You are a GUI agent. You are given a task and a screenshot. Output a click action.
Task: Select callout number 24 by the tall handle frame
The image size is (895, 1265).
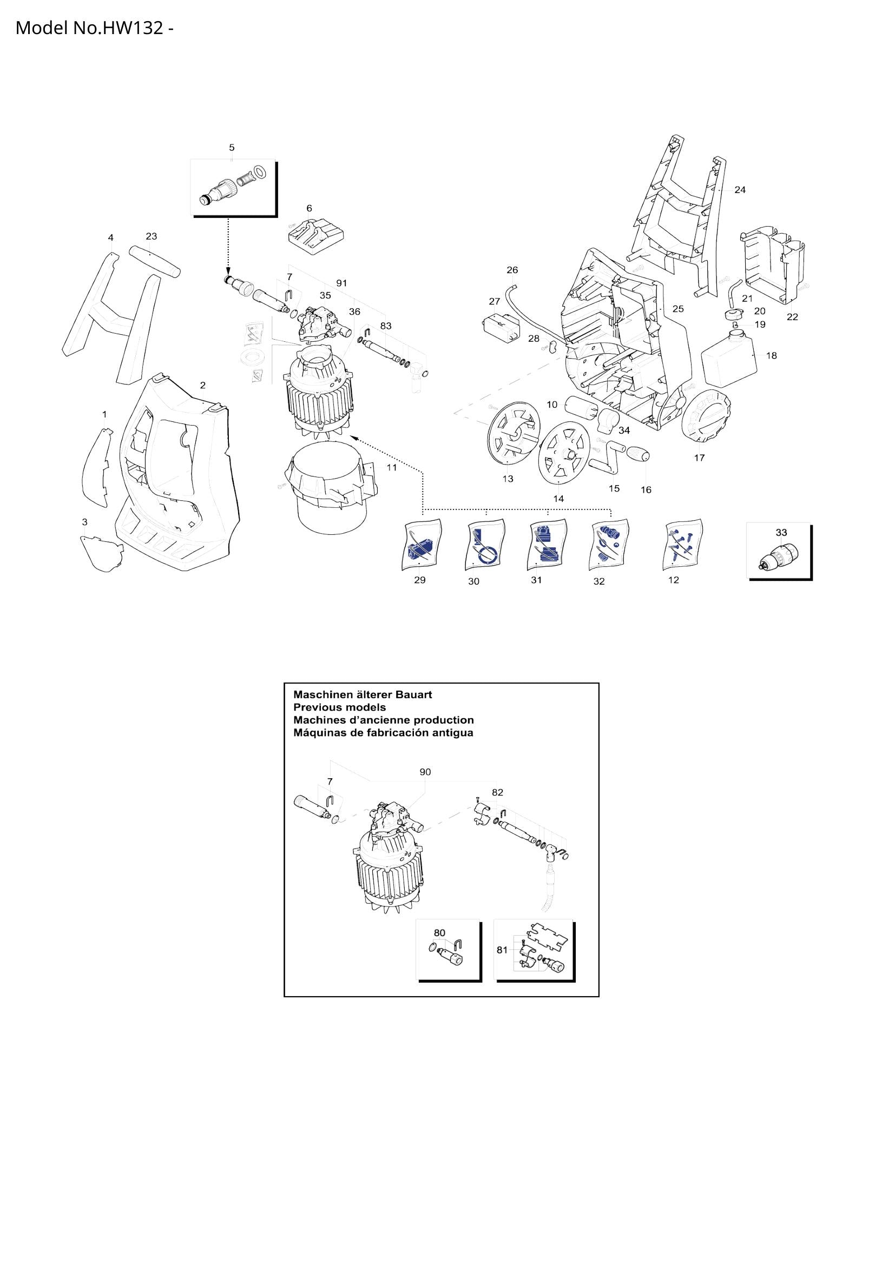click(x=740, y=190)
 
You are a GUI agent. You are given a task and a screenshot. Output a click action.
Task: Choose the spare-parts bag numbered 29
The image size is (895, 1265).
click(x=422, y=545)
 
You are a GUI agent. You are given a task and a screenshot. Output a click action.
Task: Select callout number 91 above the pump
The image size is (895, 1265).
click(x=341, y=283)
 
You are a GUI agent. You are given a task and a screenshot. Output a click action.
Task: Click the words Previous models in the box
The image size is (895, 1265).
click(x=339, y=707)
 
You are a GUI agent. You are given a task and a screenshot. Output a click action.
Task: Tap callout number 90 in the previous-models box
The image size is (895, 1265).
click(x=425, y=772)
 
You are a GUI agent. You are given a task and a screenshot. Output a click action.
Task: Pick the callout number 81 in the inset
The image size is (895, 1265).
click(x=502, y=950)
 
